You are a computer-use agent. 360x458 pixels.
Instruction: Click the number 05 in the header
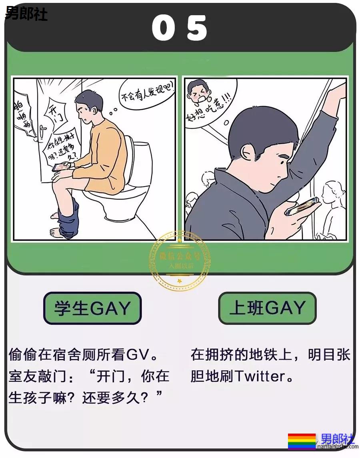pos(180,28)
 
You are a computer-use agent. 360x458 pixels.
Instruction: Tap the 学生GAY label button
pos(92,308)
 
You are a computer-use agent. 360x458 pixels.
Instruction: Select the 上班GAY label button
pos(267,308)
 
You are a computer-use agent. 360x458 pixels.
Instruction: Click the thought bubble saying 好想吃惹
pos(208,103)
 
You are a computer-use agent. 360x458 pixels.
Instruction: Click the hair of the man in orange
pos(89,100)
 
